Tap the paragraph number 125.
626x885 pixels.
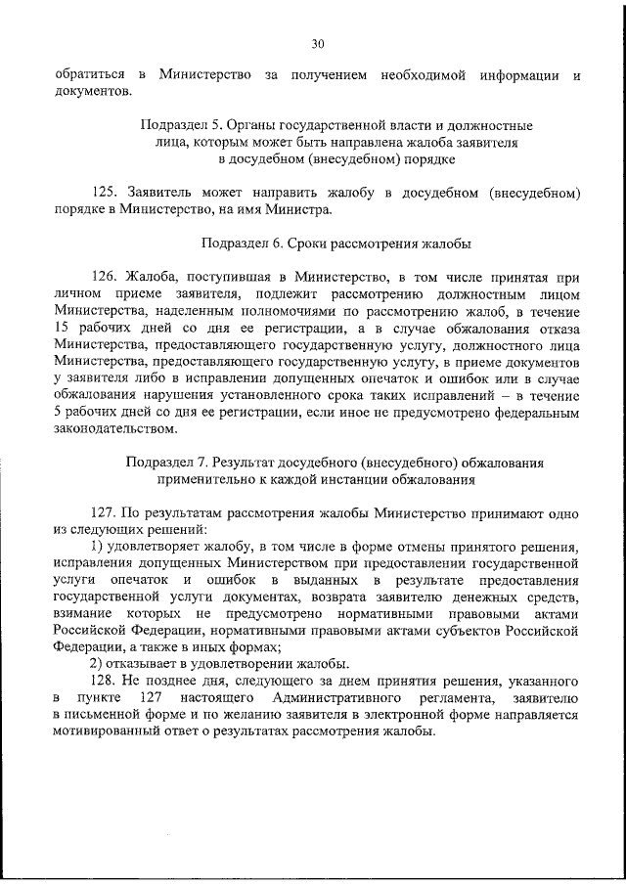coord(108,193)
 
